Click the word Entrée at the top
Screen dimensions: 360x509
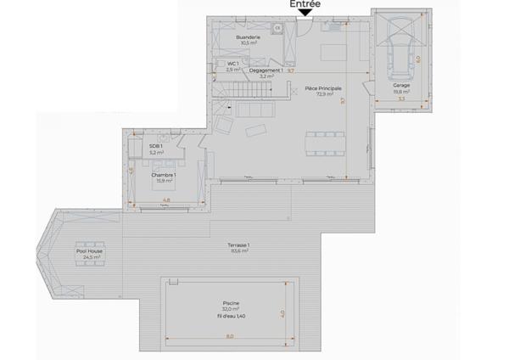pyautogui.click(x=305, y=4)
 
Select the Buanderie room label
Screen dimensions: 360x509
pyautogui.click(x=248, y=39)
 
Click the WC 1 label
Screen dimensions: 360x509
pyautogui.click(x=232, y=64)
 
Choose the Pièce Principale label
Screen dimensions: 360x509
pyautogui.click(x=324, y=88)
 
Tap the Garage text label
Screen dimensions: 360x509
pyautogui.click(x=401, y=86)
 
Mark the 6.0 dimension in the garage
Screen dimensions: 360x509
pyautogui.click(x=417, y=59)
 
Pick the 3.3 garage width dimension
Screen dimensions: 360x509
pyautogui.click(x=401, y=100)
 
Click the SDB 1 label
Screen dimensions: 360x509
pyautogui.click(x=156, y=146)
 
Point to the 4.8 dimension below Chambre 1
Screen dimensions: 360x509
pyautogui.click(x=165, y=200)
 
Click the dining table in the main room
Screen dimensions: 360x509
pyautogui.click(x=325, y=143)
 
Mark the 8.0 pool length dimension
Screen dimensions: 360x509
pyautogui.click(x=229, y=336)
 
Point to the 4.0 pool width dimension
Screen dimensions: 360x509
pyautogui.click(x=282, y=312)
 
